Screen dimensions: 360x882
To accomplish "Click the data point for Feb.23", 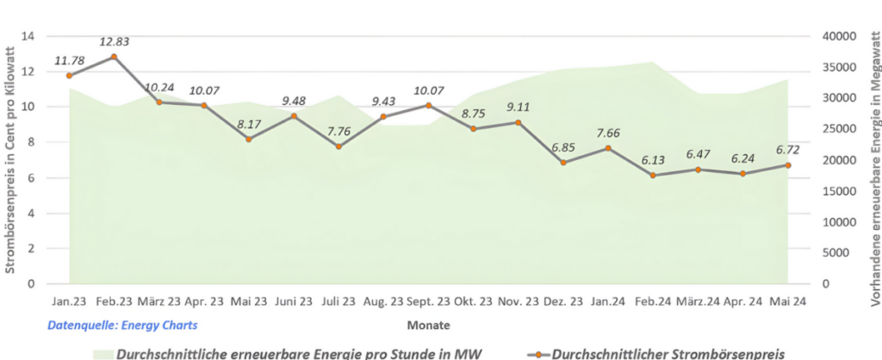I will tap(114, 57).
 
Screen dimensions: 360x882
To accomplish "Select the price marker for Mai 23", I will tap(249, 139).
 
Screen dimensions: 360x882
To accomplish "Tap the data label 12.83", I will tap(114, 40).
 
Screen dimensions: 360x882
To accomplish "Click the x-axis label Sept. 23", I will tap(428, 301).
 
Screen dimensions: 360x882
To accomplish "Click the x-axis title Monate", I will tap(428, 326).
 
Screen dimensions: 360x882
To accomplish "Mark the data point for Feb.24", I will tap(653, 175).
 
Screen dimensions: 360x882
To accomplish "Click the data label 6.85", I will tap(562, 147).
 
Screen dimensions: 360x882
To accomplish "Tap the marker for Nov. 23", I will tap(518, 122).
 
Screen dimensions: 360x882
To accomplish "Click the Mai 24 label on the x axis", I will tap(788, 301).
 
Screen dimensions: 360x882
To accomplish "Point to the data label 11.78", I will tap(69, 60).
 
